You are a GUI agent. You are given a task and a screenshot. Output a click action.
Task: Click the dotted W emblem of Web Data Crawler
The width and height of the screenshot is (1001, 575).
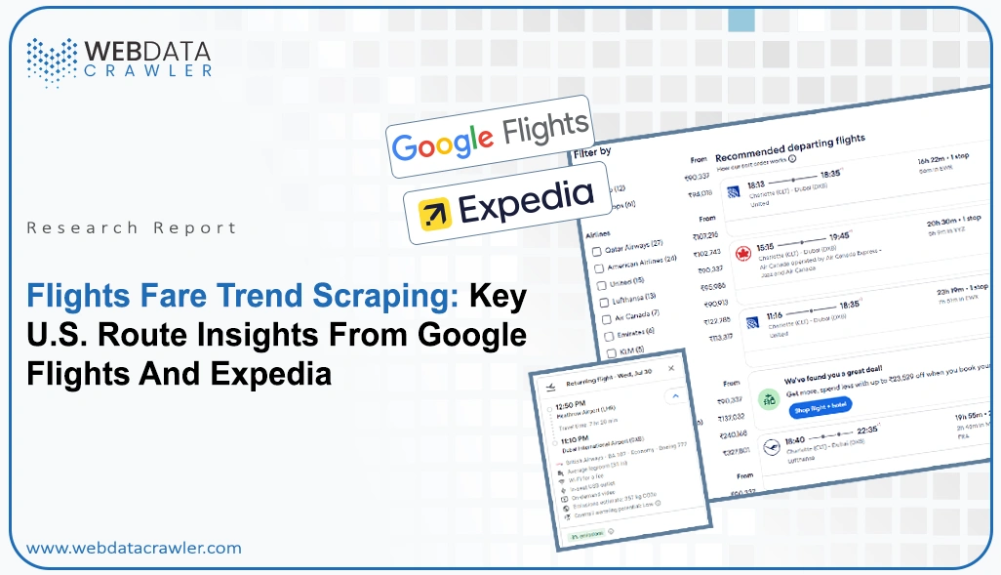tap(52, 60)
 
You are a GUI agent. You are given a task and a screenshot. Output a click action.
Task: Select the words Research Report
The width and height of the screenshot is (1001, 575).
tap(132, 227)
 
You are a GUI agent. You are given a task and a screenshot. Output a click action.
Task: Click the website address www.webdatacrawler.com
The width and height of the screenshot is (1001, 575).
tap(134, 548)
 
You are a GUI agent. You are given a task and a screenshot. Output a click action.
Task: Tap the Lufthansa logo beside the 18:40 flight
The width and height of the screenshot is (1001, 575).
tap(774, 447)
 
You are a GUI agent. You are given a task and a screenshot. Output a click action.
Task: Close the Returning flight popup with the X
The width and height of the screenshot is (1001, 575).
tap(670, 368)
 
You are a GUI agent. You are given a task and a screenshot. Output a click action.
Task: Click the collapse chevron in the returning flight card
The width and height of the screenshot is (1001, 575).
tap(672, 397)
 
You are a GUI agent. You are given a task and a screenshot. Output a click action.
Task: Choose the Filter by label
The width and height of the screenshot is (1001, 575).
tap(592, 153)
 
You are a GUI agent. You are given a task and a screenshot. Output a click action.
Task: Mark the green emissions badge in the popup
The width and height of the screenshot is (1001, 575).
tap(583, 535)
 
